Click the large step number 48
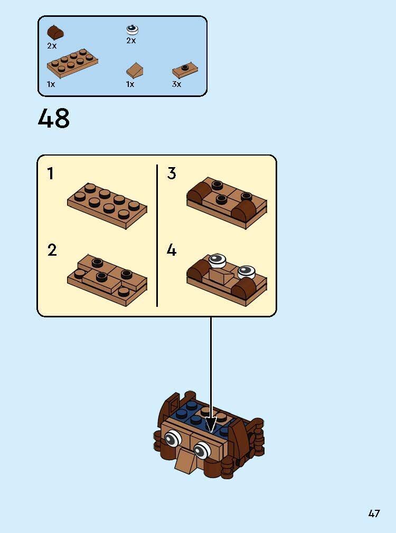pyautogui.click(x=54, y=119)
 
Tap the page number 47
pyautogui.click(x=374, y=513)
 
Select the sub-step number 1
pyautogui.click(x=51, y=174)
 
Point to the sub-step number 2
pyautogui.click(x=52, y=250)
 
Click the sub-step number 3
pyautogui.click(x=172, y=174)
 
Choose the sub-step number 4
pyautogui.click(x=172, y=250)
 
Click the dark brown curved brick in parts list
pyautogui.click(x=55, y=32)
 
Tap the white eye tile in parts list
pyautogui.click(x=131, y=30)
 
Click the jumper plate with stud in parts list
pyautogui.click(x=185, y=71)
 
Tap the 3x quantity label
pyautogui.click(x=176, y=84)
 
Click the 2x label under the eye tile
pyautogui.click(x=131, y=41)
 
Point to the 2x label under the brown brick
pyautogui.click(x=51, y=46)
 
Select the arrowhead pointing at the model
pyautogui.click(x=211, y=425)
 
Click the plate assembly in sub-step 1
pyautogui.click(x=107, y=205)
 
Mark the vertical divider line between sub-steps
pyautogui.click(x=157, y=235)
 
